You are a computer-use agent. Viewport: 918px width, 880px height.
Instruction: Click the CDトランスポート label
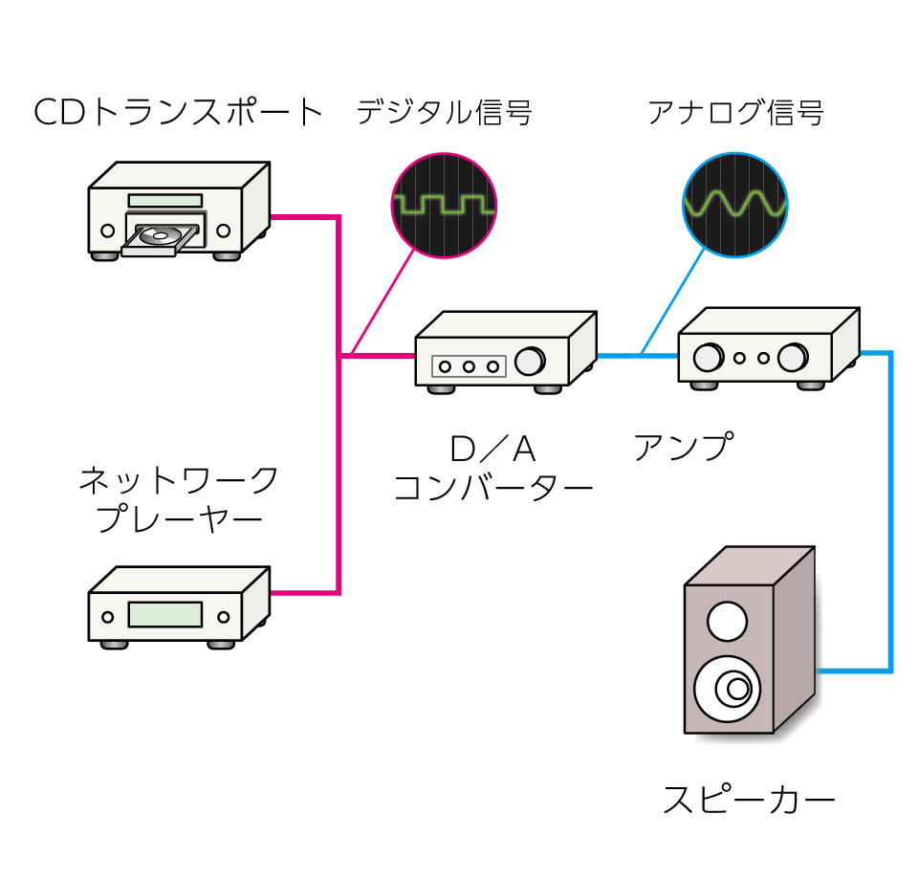179,113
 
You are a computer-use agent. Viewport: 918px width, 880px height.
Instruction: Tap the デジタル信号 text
444,113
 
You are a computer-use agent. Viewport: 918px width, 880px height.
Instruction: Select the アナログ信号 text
735,113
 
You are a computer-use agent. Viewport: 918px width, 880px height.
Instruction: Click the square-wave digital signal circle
444,204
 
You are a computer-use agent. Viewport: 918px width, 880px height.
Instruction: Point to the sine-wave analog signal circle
735,204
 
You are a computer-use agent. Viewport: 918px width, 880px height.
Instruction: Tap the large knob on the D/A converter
529,362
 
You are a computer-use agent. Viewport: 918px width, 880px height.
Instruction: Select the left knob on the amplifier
709,358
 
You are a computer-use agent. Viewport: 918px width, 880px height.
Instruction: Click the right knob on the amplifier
793,358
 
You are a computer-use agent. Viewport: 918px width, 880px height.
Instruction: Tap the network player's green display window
164,613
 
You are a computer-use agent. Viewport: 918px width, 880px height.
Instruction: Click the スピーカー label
749,799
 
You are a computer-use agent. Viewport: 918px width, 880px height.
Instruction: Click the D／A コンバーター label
493,469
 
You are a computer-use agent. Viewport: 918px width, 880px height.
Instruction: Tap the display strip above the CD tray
165,200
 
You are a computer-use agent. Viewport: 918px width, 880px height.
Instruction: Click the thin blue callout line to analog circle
673,302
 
